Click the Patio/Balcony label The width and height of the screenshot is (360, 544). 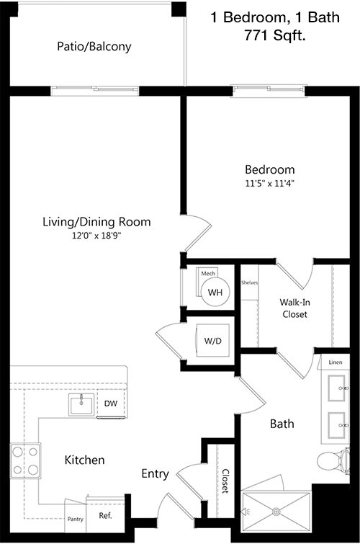[94, 47]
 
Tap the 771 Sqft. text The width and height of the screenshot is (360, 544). [275, 35]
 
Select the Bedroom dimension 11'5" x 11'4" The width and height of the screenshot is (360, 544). [269, 183]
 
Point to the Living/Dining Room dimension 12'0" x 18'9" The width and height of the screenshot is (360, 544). [96, 236]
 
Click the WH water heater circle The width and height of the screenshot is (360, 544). [215, 292]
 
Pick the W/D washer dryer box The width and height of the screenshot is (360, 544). [213, 340]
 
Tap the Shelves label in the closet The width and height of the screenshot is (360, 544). [249, 282]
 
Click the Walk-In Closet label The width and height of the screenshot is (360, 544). [294, 308]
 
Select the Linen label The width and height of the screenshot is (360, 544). [335, 362]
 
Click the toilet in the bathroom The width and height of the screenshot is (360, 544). [333, 460]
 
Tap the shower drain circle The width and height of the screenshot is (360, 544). [276, 512]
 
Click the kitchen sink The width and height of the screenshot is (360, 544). [81, 404]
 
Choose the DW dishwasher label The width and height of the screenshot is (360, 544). [111, 403]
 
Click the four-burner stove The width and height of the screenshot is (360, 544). [25, 460]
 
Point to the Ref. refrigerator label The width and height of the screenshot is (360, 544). [105, 516]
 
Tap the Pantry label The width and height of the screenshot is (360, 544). [76, 519]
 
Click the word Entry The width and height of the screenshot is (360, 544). [155, 474]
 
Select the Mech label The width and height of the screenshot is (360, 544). [208, 273]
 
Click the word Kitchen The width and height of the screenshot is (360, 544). [85, 460]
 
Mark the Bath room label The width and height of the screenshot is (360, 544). [282, 424]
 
